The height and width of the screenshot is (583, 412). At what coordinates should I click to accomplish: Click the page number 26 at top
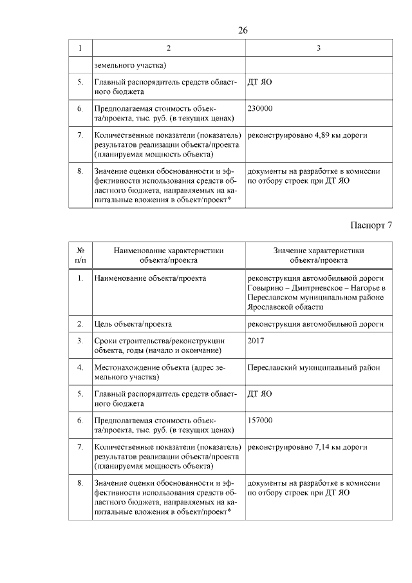(243, 30)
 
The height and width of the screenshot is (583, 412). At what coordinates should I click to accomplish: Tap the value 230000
(260, 108)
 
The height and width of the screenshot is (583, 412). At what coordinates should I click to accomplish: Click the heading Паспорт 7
(371, 225)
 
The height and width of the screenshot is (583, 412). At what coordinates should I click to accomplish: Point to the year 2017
(256, 341)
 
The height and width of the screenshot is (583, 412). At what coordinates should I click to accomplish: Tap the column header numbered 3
(318, 48)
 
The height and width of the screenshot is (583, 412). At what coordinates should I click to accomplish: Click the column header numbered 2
(168, 48)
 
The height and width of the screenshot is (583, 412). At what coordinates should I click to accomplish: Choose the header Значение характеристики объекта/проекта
(319, 255)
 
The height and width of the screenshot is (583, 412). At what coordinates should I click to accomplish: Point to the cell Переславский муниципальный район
(314, 367)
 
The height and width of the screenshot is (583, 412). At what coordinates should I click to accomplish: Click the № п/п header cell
(81, 255)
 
